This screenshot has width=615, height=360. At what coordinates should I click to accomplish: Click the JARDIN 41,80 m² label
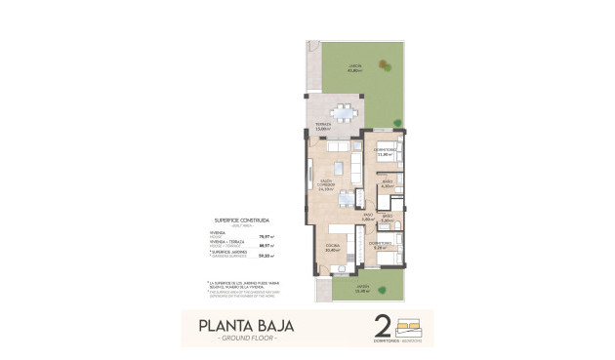coord(357,68)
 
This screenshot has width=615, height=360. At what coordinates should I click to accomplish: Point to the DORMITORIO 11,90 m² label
coord(385,151)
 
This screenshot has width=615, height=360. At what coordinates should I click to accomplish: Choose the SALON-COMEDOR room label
coord(327,185)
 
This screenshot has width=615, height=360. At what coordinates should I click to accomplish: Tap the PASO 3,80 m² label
coord(368,218)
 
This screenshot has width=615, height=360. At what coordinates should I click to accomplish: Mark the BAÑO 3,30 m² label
coord(388,219)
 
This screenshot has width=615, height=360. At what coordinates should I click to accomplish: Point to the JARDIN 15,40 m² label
coord(362,289)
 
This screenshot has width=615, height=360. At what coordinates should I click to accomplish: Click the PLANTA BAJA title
coord(245,325)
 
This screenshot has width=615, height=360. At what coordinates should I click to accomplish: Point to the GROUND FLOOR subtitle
coord(246,339)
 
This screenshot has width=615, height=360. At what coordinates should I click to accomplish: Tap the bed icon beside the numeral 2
coord(415,324)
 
